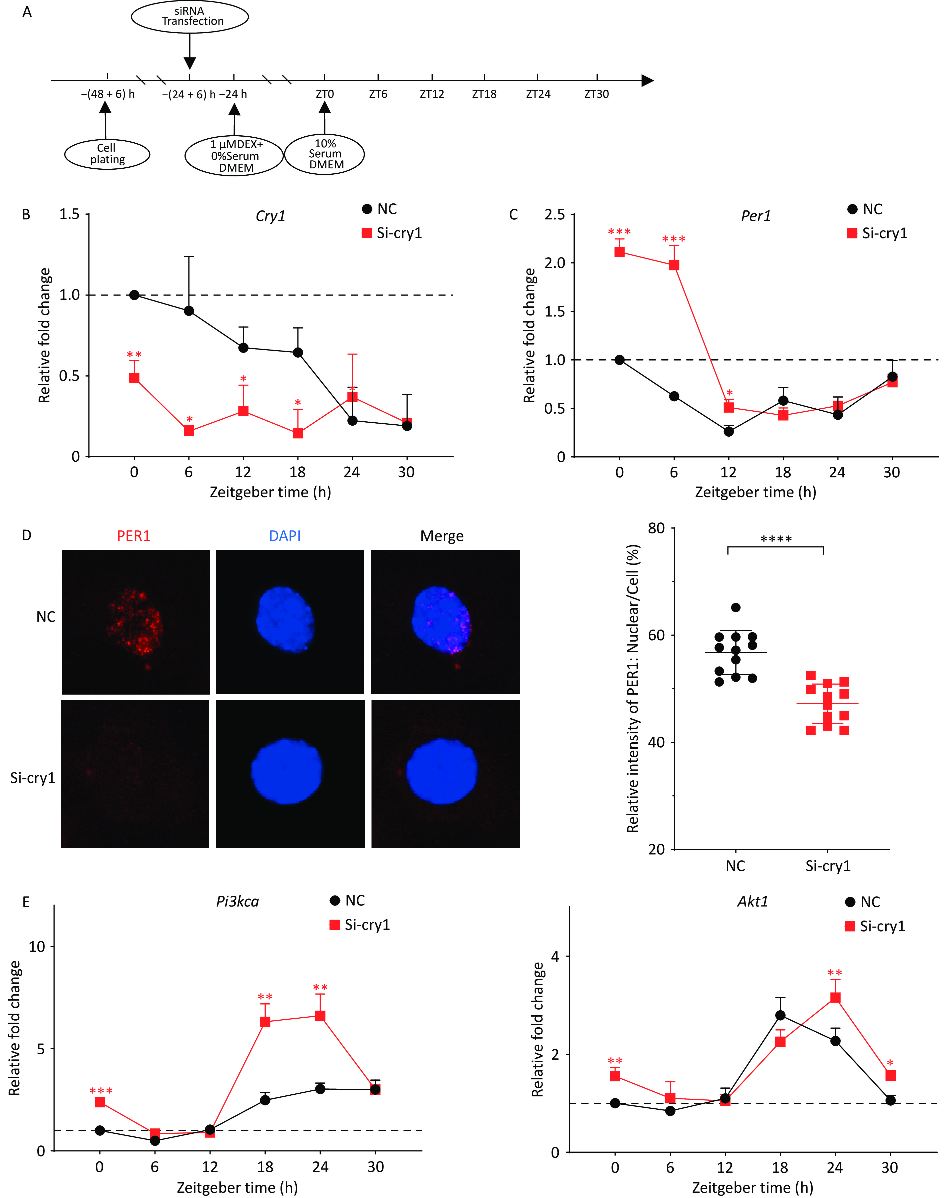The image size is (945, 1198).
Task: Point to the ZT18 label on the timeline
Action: (484, 94)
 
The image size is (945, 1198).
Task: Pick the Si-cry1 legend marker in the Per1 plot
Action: (852, 233)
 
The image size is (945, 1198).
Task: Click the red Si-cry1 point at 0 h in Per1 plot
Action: (620, 252)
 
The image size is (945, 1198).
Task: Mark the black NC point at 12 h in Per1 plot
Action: (729, 431)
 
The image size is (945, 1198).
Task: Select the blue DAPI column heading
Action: (285, 536)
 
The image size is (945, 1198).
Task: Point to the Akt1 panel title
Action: (752, 902)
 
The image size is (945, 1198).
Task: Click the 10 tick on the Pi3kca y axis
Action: (37, 947)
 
